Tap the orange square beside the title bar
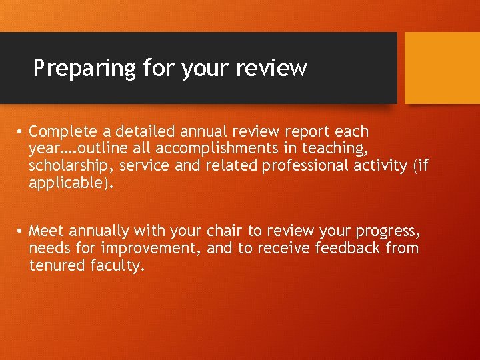tap(442, 68)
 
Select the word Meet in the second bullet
tap(46, 231)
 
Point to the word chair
tap(225, 231)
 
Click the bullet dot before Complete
tap(22, 132)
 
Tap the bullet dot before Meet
tap(22, 231)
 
